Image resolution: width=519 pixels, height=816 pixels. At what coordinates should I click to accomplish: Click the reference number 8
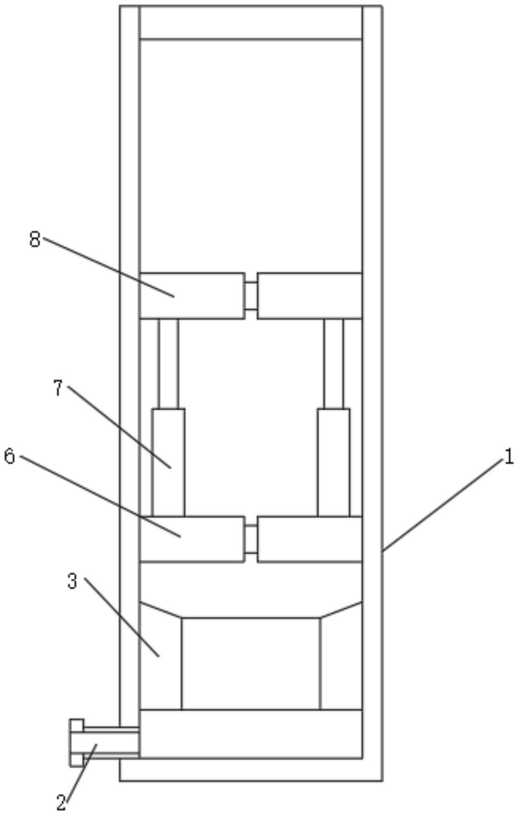point(34,239)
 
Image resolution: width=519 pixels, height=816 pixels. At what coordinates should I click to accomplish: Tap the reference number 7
point(58,388)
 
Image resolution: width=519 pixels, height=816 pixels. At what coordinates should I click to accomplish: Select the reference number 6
point(10,457)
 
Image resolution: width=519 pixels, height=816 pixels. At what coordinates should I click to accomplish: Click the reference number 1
point(508,457)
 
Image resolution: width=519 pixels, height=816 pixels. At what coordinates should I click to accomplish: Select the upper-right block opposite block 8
point(310,296)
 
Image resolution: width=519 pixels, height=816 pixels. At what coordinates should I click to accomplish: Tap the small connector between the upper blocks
point(251,296)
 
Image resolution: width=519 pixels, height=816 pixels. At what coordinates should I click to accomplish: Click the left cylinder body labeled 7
point(169,462)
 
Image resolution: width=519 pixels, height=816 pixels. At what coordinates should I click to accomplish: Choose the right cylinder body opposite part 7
point(333,462)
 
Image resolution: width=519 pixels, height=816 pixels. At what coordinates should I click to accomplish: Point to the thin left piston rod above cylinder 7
point(168,363)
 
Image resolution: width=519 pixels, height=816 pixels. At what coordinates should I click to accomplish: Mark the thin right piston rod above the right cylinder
point(333,363)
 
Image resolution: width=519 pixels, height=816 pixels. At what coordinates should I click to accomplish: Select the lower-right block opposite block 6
point(310,539)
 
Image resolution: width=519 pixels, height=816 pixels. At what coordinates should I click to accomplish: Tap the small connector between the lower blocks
point(251,539)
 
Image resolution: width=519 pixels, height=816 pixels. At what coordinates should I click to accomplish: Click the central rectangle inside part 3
point(251,663)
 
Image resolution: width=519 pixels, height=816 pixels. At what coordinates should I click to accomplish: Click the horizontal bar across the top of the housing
point(251,22)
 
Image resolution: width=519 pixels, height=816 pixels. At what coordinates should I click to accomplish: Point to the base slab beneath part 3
point(251,733)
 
